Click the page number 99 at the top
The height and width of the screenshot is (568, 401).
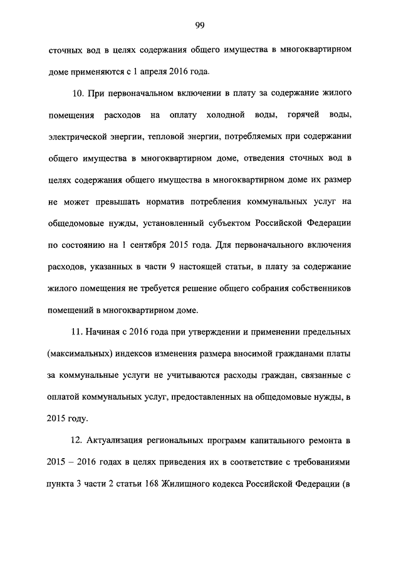pos(200,25)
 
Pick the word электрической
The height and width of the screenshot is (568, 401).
pos(78,137)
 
